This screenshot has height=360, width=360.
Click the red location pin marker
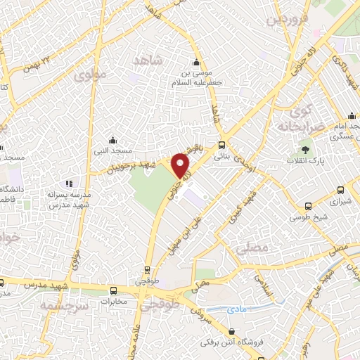pyautogui.click(x=182, y=165)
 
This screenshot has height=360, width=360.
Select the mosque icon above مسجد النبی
pyautogui.click(x=113, y=139)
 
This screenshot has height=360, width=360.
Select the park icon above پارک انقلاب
pyautogui.click(x=305, y=149)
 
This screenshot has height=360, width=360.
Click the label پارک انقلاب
pyautogui.click(x=302, y=161)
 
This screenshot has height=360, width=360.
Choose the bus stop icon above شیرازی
pyautogui.click(x=341, y=189)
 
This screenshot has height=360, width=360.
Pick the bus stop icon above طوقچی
pyautogui.click(x=147, y=269)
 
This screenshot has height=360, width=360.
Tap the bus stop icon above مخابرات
pyautogui.click(x=114, y=290)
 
